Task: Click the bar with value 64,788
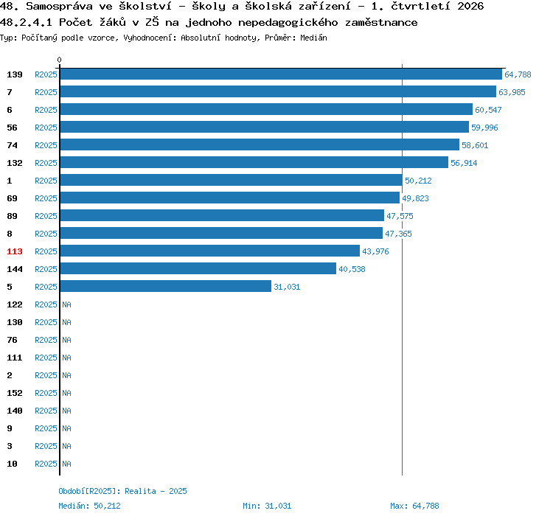click(281, 74)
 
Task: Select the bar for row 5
click(166, 286)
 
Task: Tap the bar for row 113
click(210, 251)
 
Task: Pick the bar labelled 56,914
click(254, 162)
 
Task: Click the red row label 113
click(15, 251)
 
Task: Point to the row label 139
click(15, 74)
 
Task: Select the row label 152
click(15, 393)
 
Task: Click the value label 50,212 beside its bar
click(418, 181)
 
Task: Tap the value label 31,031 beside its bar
click(287, 287)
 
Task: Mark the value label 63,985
click(512, 92)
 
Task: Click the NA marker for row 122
click(66, 304)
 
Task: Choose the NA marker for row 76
click(66, 340)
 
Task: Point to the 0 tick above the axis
click(59, 60)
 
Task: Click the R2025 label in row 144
click(46, 269)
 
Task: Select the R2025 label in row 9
click(46, 428)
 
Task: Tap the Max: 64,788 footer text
click(414, 506)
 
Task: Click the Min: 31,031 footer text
click(267, 506)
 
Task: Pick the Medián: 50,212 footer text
click(89, 506)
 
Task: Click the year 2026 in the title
click(470, 7)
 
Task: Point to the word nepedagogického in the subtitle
click(288, 23)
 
